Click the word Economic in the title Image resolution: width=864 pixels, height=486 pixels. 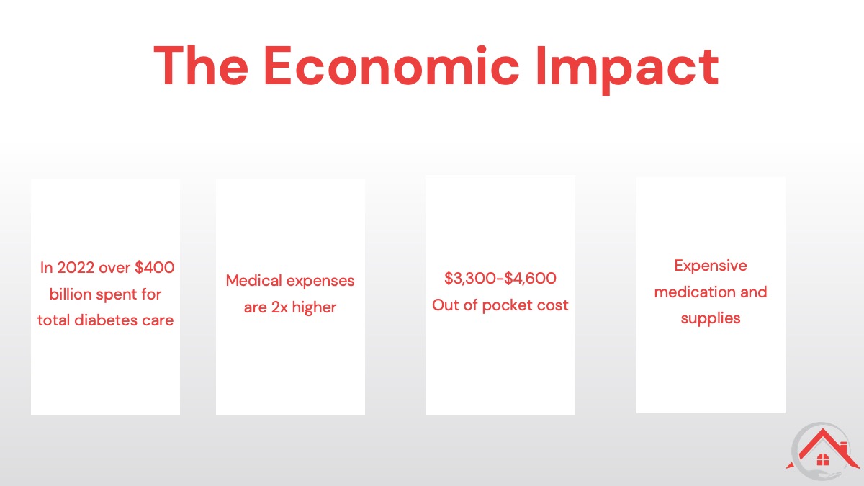coord(391,66)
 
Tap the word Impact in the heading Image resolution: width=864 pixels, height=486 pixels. coord(628,70)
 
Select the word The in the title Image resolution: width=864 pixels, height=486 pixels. coord(201,66)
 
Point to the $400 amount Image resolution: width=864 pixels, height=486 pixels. coord(155,267)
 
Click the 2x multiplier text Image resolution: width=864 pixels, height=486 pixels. coord(279,307)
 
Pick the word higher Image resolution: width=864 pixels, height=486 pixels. coord(315,308)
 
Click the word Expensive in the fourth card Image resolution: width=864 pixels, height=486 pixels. coord(711,266)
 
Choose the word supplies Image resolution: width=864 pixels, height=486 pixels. coord(711,319)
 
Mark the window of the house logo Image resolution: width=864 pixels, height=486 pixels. coord(823,460)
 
